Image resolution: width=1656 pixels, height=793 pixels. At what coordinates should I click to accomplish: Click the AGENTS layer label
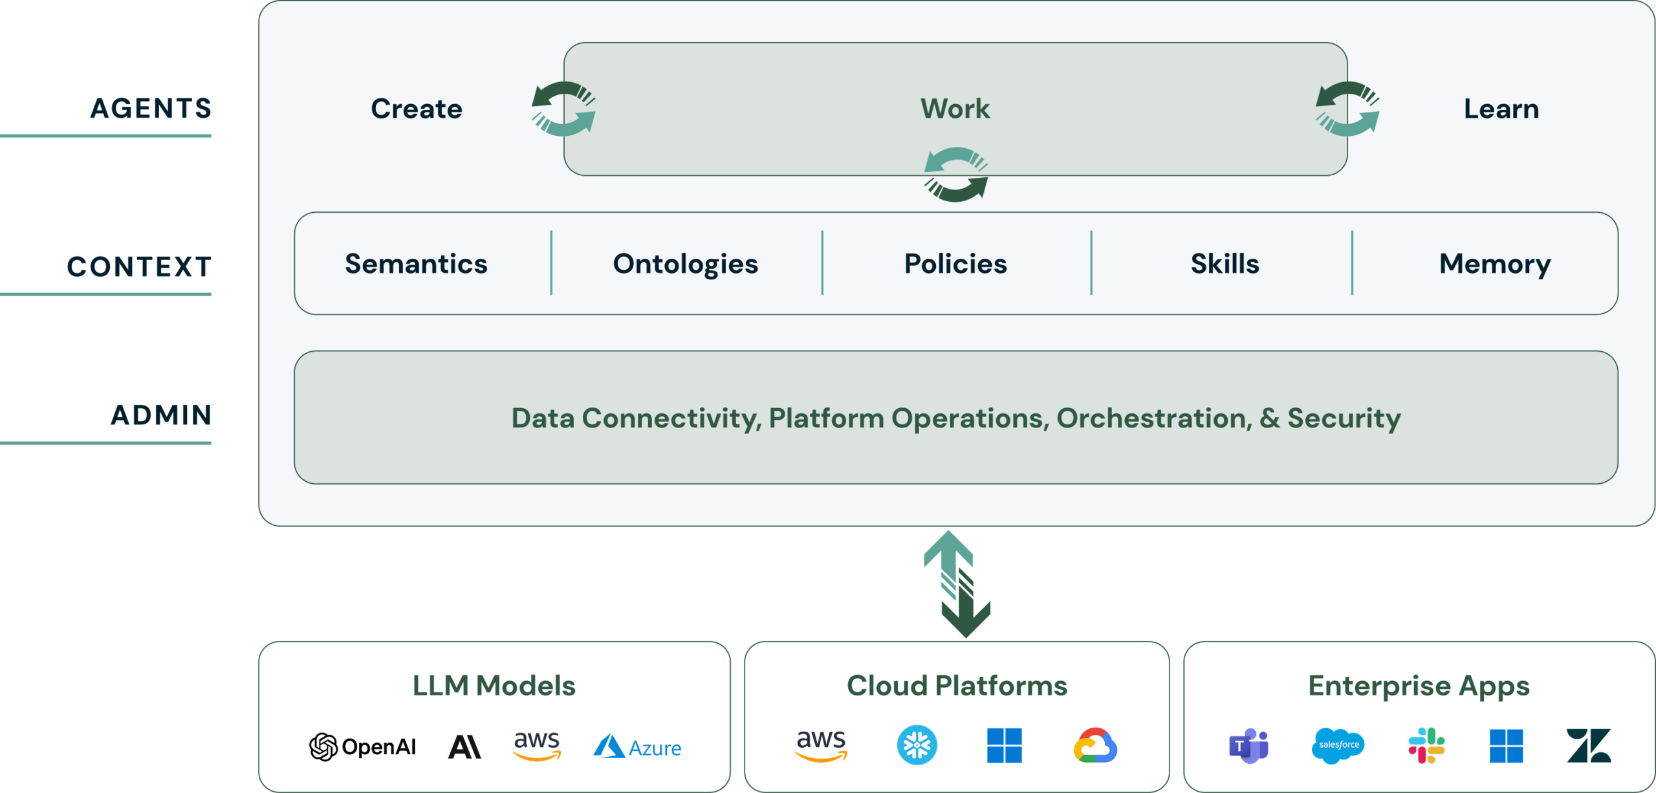tap(151, 108)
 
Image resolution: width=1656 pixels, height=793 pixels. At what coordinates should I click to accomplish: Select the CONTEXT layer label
tap(139, 266)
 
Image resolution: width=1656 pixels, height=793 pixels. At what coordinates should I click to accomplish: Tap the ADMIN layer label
tap(161, 415)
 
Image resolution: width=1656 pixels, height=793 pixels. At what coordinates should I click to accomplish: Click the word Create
tap(417, 109)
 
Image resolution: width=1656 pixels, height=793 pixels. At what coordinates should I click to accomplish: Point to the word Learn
tap(1501, 109)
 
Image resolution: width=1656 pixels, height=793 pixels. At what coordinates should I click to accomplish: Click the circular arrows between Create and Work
tap(563, 109)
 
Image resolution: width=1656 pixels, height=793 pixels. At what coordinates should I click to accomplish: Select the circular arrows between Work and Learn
tap(1347, 109)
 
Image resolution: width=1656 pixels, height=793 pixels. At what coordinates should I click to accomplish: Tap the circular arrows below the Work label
tap(956, 175)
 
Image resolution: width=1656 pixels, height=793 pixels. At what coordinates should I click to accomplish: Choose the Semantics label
tap(416, 264)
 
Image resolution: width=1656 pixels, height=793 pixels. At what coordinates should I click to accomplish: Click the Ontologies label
tap(686, 265)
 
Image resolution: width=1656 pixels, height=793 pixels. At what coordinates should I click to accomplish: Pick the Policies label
tap(955, 264)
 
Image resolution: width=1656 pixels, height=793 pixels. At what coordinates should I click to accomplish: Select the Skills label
tap(1225, 264)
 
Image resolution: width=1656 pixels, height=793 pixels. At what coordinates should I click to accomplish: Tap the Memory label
tap(1495, 265)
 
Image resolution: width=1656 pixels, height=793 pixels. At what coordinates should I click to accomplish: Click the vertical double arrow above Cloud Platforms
tap(957, 584)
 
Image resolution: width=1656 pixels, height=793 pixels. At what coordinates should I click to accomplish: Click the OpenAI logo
tap(362, 747)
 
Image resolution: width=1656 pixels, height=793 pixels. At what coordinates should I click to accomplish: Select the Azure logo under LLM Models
tap(637, 746)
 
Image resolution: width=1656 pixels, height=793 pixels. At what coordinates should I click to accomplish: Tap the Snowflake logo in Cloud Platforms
tap(917, 745)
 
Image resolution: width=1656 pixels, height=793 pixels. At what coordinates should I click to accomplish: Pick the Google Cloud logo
tap(1095, 746)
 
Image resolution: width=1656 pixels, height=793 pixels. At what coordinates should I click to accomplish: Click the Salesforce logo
tap(1338, 746)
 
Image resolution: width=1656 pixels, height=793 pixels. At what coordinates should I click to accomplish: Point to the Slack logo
tap(1426, 746)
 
